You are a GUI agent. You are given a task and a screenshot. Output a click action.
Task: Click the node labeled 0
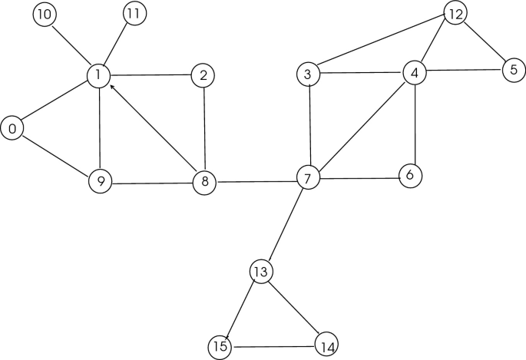12,128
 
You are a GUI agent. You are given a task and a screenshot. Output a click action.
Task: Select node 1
98,75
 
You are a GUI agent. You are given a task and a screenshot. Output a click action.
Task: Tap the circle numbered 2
203,75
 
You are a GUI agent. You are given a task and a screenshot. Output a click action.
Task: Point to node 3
307,74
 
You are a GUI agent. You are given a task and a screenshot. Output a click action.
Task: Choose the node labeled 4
415,73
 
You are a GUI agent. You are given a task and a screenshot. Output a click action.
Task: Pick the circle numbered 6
410,175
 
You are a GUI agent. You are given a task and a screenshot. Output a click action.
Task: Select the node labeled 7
307,179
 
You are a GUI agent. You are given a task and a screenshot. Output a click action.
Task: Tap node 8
205,182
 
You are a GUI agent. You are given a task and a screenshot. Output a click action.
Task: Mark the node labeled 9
99,181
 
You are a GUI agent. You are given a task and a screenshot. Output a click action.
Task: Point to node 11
135,14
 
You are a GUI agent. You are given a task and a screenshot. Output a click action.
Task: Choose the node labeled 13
261,271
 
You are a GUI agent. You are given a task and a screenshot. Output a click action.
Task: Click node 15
220,347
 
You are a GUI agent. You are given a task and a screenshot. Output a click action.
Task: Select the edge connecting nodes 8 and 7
256,181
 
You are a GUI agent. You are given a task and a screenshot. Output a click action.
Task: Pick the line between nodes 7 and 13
284,225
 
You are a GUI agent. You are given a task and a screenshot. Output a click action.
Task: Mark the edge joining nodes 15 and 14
273,347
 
